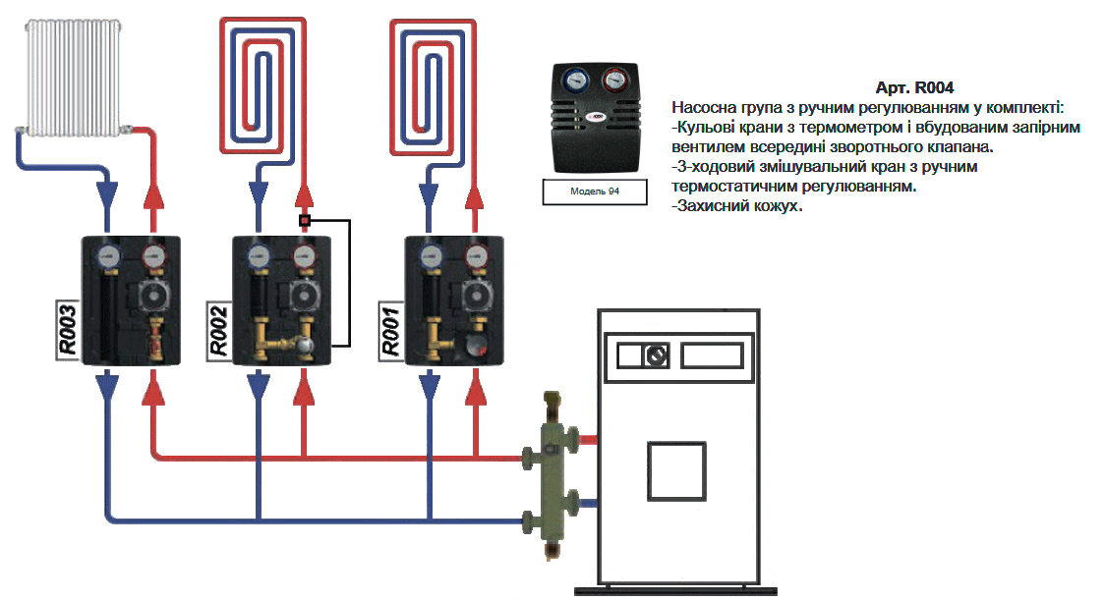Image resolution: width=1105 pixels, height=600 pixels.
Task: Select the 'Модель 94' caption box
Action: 595,191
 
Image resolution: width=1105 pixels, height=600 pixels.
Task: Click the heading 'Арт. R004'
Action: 914,87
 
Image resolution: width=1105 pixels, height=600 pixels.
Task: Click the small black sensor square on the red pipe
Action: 305,221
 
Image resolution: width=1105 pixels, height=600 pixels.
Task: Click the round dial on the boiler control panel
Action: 655,355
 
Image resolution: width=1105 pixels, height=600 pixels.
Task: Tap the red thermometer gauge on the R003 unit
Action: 152,258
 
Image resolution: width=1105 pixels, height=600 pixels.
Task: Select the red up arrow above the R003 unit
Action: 152,194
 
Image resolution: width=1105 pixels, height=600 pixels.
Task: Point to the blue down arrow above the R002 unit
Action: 259,194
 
